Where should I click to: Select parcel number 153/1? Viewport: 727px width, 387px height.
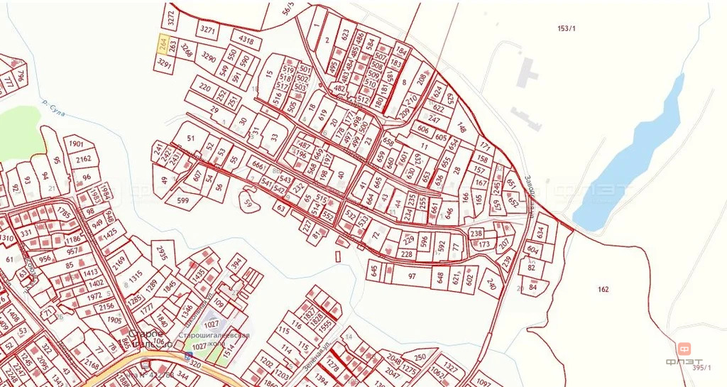(x=567, y=28)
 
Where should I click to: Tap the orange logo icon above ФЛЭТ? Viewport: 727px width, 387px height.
(x=684, y=349)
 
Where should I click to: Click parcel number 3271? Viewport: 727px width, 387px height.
(x=207, y=30)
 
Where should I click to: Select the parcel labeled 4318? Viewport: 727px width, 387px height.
(x=246, y=40)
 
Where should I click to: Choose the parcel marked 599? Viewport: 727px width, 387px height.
(x=183, y=201)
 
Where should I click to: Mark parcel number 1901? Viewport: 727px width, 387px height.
(x=77, y=144)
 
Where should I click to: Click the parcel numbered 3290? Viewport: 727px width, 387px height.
(x=208, y=56)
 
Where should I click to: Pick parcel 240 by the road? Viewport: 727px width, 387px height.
(x=491, y=284)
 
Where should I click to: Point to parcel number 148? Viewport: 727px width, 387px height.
(x=461, y=129)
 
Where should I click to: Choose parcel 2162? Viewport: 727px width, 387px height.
(x=84, y=159)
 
